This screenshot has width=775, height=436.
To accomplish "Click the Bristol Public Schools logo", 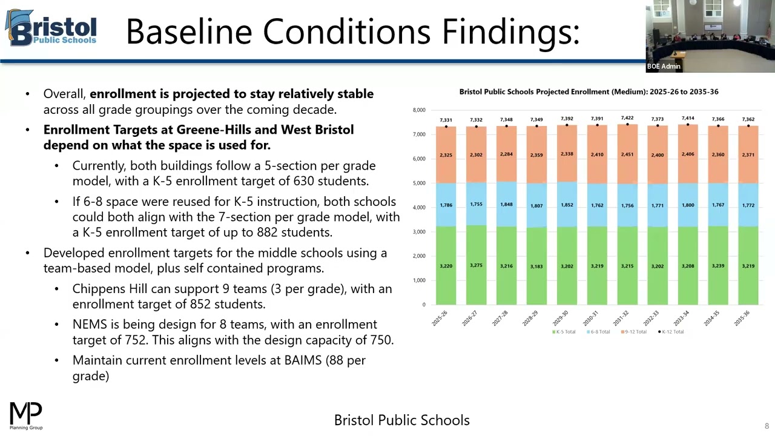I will (51, 28).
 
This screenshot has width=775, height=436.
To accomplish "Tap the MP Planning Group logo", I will (26, 415).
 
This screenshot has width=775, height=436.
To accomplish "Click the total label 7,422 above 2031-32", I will (627, 118).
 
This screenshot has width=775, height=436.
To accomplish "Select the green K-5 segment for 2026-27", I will (476, 265).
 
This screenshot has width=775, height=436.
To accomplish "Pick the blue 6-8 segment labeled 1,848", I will (506, 204).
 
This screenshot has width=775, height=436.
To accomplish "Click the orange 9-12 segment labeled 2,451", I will (627, 154).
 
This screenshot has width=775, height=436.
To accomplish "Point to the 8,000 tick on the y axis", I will (419, 110).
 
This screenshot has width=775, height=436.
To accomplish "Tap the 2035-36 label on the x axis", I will (742, 319).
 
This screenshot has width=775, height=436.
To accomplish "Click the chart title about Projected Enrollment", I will (589, 92).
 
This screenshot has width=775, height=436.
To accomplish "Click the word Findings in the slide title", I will (510, 31).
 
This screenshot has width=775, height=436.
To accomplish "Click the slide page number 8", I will (767, 426).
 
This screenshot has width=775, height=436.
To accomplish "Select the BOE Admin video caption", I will (664, 67).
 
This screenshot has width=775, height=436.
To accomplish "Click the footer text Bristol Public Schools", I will (401, 420).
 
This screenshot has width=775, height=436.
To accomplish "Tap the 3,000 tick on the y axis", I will (419, 232).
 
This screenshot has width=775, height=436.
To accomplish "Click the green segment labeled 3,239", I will (718, 266).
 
